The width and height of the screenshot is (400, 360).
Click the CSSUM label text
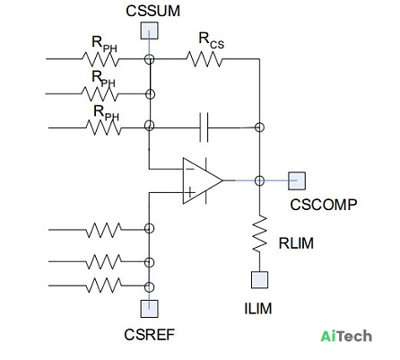tap(152, 11)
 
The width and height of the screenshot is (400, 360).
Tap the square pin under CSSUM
tap(150, 31)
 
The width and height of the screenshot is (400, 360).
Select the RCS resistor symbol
tap(204, 59)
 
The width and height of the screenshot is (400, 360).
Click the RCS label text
tap(211, 40)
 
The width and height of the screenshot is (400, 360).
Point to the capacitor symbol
tap(204, 127)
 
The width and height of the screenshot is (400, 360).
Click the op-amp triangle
tap(203, 180)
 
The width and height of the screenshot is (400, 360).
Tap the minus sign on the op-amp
tap(190, 170)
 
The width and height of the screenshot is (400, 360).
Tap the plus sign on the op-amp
tap(190, 192)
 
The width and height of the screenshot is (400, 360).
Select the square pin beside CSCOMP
tap(297, 180)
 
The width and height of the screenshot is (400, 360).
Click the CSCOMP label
tap(324, 205)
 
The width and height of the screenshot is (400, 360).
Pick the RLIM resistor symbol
tap(259, 233)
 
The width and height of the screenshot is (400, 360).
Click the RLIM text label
tap(296, 243)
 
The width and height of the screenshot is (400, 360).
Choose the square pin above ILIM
tap(259, 280)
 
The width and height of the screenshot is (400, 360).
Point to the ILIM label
tap(258, 309)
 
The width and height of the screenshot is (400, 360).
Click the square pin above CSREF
tap(150, 309)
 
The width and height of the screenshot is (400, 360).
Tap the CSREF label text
tap(149, 335)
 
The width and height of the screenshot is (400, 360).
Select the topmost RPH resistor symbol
tap(100, 59)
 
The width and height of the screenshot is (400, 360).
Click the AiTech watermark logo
tap(346, 336)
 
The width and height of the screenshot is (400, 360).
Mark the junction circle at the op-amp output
tap(259, 180)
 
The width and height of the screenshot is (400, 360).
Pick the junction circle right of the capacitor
tap(259, 127)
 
